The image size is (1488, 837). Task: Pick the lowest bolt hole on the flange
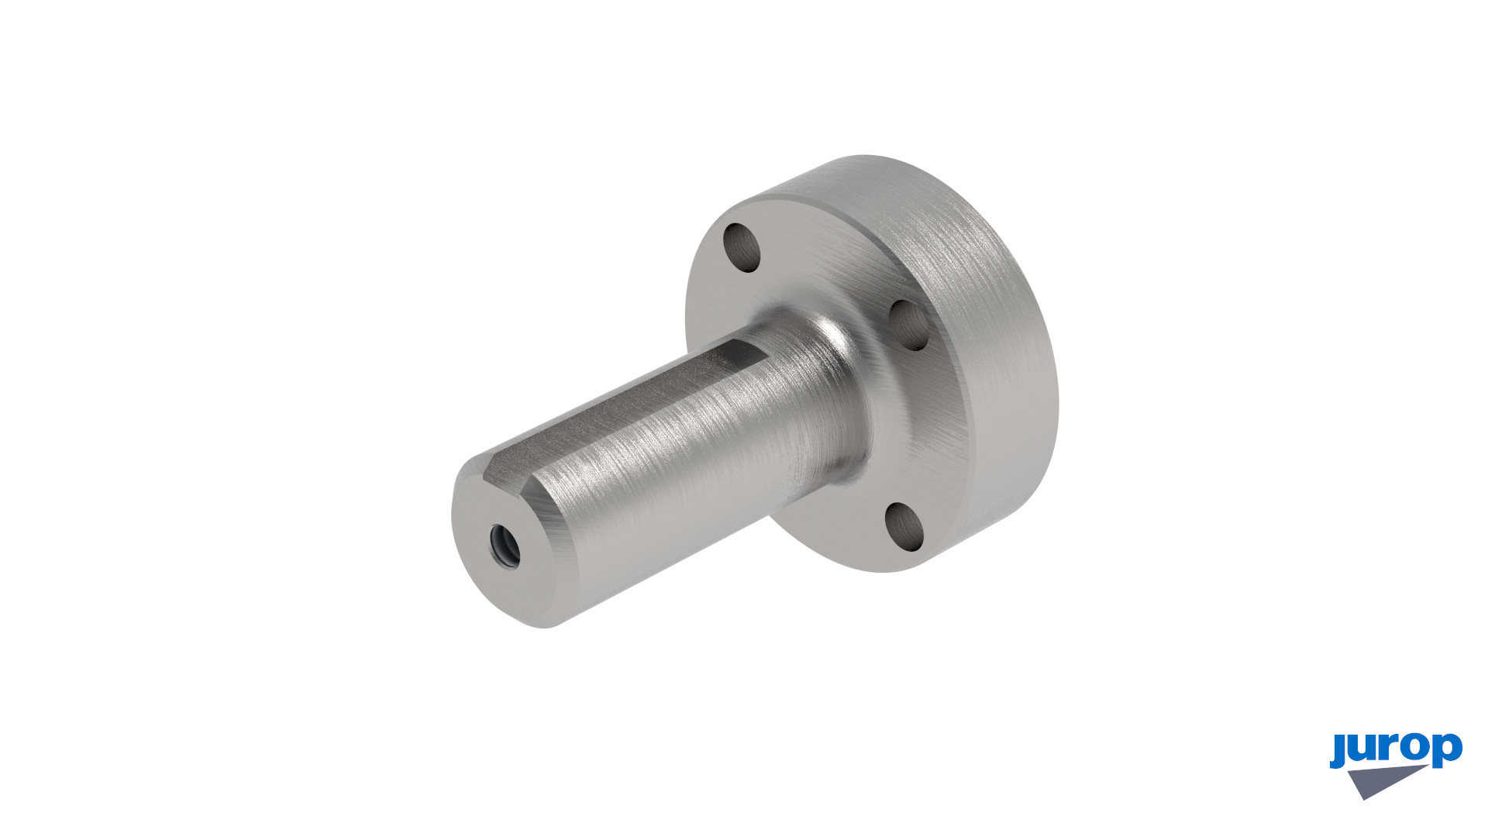(x=904, y=527)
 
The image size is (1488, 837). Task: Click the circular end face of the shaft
(x=504, y=542)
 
